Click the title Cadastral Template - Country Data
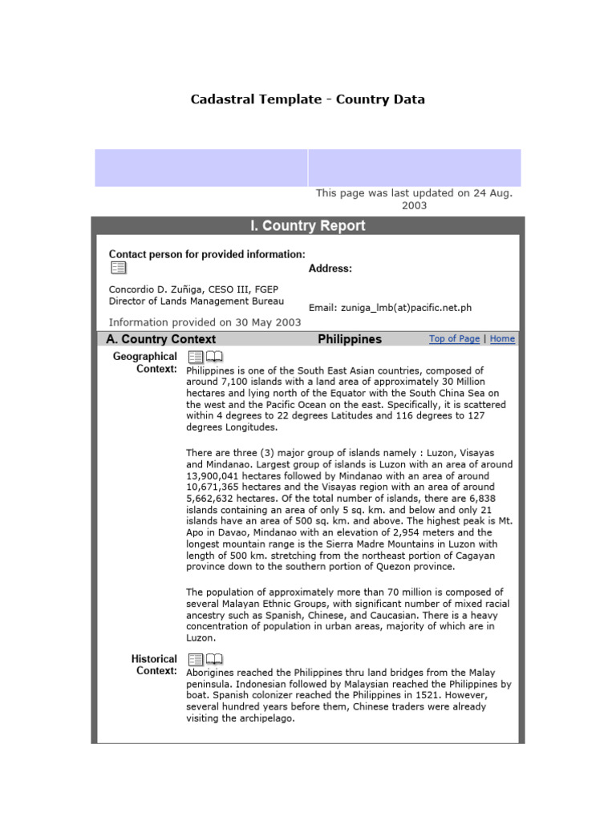click(307, 99)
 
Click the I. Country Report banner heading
click(307, 226)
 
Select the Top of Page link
click(454, 339)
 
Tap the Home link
click(502, 339)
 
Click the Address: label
click(330, 269)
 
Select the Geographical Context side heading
click(144, 362)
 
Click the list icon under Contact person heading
click(118, 268)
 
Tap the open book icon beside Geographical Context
click(214, 357)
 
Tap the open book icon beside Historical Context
click(214, 659)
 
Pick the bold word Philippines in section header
click(350, 339)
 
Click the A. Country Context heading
click(160, 339)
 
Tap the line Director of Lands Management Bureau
click(197, 301)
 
